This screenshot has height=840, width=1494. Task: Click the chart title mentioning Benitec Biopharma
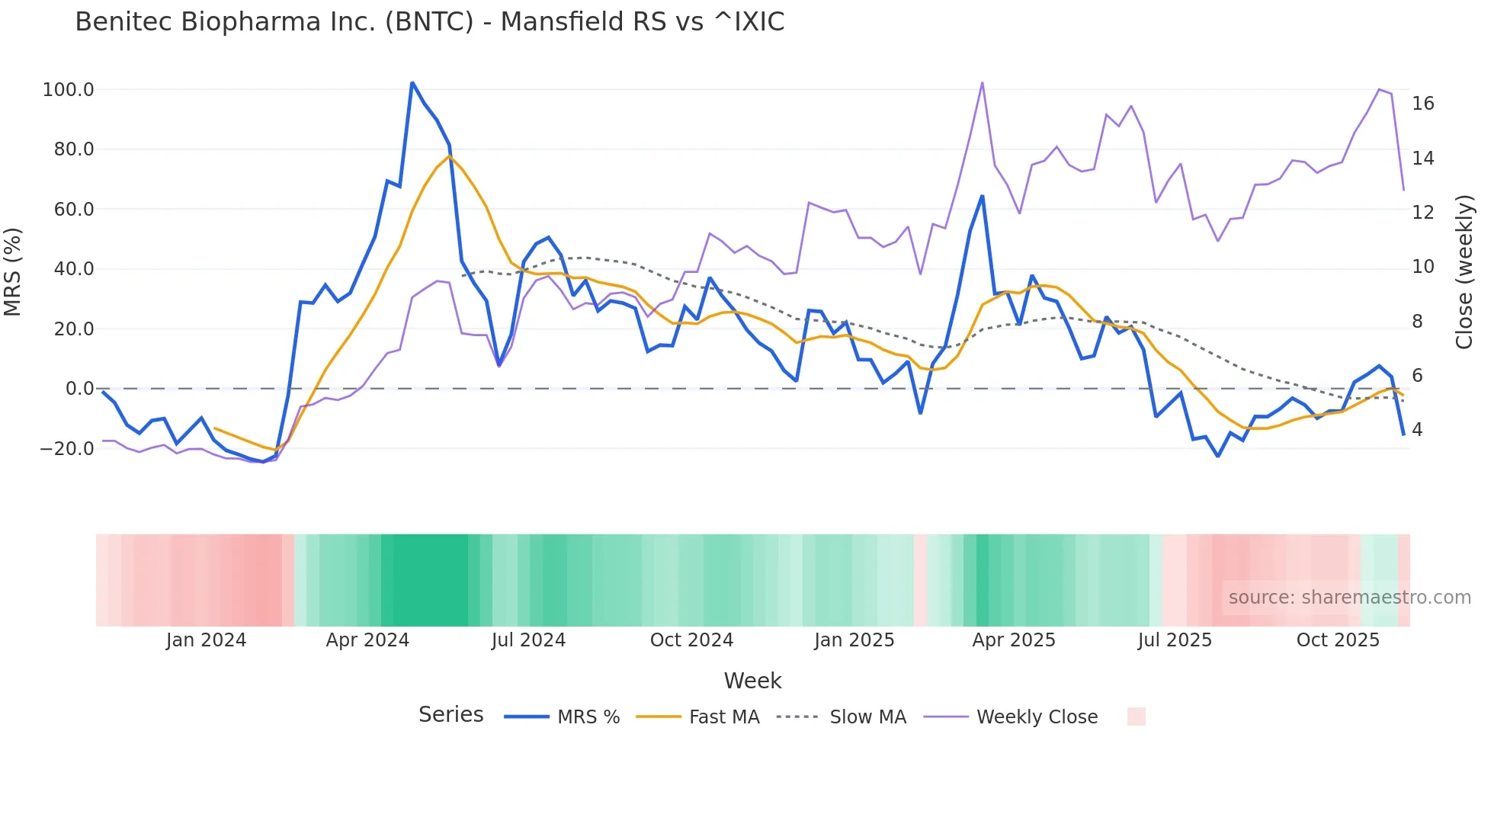pyautogui.click(x=429, y=22)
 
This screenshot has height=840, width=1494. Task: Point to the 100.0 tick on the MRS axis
pyautogui.click(x=69, y=90)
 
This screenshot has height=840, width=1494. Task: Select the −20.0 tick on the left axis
pyautogui.click(x=67, y=449)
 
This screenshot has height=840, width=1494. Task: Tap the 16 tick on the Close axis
pyautogui.click(x=1422, y=104)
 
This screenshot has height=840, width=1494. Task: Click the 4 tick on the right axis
pyautogui.click(x=1417, y=430)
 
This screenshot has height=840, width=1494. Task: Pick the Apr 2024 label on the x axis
pyautogui.click(x=367, y=640)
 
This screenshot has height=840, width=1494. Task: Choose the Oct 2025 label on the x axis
pyautogui.click(x=1338, y=640)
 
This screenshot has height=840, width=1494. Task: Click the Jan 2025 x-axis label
pyautogui.click(x=854, y=640)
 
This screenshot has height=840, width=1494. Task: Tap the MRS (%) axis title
pyautogui.click(x=13, y=271)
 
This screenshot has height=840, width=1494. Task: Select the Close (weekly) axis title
pyautogui.click(x=1464, y=272)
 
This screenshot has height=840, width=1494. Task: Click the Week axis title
pyautogui.click(x=752, y=681)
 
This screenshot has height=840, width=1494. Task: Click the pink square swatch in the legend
pyautogui.click(x=1136, y=717)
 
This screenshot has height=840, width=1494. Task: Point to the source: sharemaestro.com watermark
pyautogui.click(x=1349, y=598)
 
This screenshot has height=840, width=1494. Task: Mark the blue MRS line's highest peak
pyautogui.click(x=412, y=82)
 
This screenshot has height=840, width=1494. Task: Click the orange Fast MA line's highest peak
pyautogui.click(x=449, y=156)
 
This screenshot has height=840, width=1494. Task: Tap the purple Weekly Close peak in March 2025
pyautogui.click(x=982, y=82)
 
